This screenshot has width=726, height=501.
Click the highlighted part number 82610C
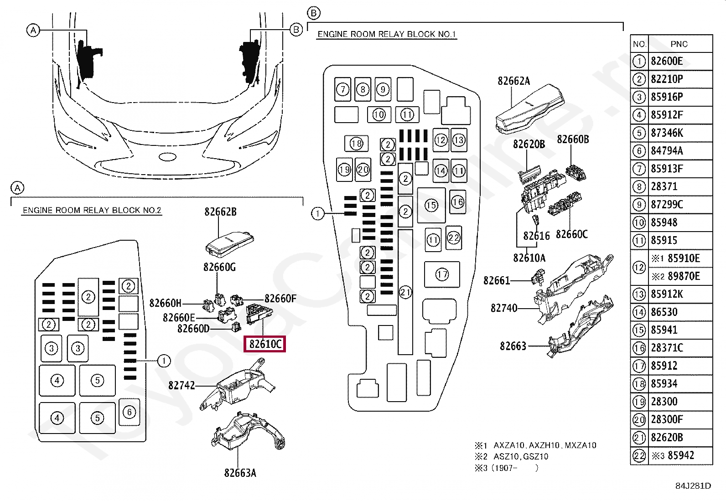click(265, 344)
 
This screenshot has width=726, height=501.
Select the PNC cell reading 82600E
click(667, 61)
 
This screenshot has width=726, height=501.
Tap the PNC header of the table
click(679, 44)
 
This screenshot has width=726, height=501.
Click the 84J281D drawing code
click(693, 486)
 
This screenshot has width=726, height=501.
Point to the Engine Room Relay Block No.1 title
click(386, 34)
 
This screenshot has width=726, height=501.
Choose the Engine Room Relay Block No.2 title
click(92, 210)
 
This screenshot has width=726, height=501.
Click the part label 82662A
click(513, 81)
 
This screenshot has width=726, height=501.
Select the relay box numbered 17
click(442, 274)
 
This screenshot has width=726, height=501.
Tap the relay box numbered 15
click(431, 205)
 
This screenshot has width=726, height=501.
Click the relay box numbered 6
click(129, 412)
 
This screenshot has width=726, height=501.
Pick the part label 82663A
click(240, 473)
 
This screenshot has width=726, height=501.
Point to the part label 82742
click(181, 386)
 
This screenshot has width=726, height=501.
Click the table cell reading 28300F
click(667, 419)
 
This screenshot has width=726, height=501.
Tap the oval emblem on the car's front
click(167, 157)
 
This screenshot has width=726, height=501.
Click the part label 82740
click(504, 308)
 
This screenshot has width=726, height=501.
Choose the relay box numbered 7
click(342, 89)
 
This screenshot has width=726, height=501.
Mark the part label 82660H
click(165, 303)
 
